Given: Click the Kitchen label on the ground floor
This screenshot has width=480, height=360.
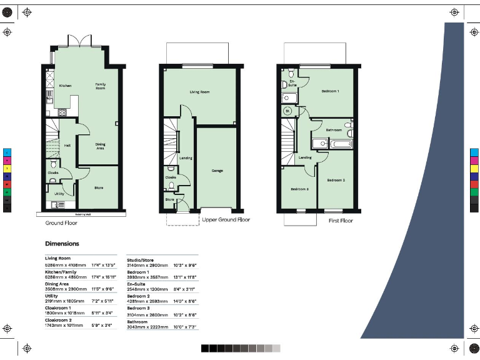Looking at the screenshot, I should [65, 86].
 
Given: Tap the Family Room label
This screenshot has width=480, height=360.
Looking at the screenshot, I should [100, 86].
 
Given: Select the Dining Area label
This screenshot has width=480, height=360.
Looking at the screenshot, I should [100, 146].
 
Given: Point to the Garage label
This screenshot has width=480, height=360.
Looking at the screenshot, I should [217, 170].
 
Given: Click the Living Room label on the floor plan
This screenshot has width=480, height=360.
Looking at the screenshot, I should [199, 92].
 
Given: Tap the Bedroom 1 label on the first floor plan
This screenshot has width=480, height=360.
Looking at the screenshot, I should [330, 91].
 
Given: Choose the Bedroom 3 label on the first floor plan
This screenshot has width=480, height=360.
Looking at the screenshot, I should [299, 189].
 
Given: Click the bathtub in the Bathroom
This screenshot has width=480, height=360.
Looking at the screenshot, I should [342, 144].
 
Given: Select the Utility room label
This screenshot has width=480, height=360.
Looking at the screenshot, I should [59, 194].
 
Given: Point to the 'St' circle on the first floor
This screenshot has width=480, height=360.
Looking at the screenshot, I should [287, 111].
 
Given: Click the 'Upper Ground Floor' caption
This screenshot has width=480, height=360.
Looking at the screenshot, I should [226, 220].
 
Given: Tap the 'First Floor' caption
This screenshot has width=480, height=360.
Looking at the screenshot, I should [341, 221].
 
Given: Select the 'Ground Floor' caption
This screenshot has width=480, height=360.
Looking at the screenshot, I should [61, 222].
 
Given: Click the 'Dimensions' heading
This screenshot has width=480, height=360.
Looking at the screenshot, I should [62, 244].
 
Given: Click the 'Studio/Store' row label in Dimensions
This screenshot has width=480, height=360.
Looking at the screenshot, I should [141, 260].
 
